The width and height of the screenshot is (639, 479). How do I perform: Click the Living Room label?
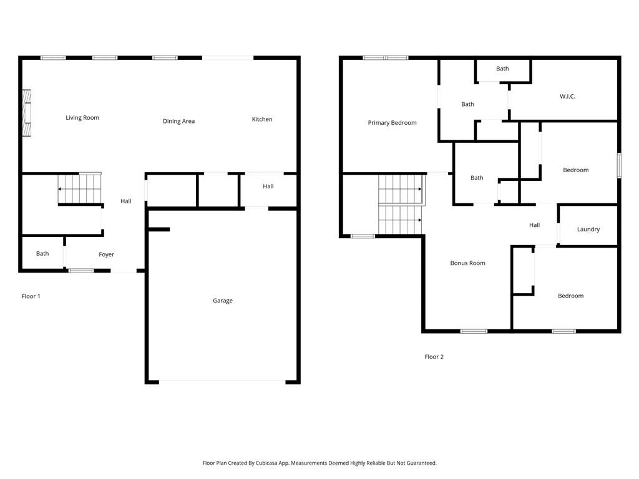click(x=82, y=118)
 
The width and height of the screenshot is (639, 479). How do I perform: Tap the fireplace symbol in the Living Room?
click(x=26, y=113)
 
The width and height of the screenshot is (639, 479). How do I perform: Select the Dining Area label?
click(x=178, y=121)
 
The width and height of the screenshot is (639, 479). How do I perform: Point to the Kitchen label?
click(x=262, y=119)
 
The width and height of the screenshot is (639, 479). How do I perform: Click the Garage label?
click(x=223, y=301)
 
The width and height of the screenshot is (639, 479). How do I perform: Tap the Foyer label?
click(x=107, y=254)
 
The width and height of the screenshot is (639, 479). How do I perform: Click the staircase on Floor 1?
click(x=80, y=188)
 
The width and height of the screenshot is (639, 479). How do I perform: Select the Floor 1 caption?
click(x=31, y=296)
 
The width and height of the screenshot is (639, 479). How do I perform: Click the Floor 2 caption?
click(x=434, y=357)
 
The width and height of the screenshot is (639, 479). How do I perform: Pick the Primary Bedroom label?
click(x=392, y=123)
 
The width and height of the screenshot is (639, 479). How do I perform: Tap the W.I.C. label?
click(x=567, y=97)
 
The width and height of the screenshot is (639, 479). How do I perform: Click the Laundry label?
click(x=588, y=230)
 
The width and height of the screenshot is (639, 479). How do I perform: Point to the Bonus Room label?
click(x=467, y=263)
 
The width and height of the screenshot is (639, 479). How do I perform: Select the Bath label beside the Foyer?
click(x=42, y=254)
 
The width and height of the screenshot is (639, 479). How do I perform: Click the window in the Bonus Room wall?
click(x=474, y=331)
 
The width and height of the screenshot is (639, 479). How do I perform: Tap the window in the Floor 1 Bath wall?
click(x=81, y=271)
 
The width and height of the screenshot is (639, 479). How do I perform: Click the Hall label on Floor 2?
click(x=534, y=225)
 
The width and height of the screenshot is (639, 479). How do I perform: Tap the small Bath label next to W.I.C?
click(x=502, y=69)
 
